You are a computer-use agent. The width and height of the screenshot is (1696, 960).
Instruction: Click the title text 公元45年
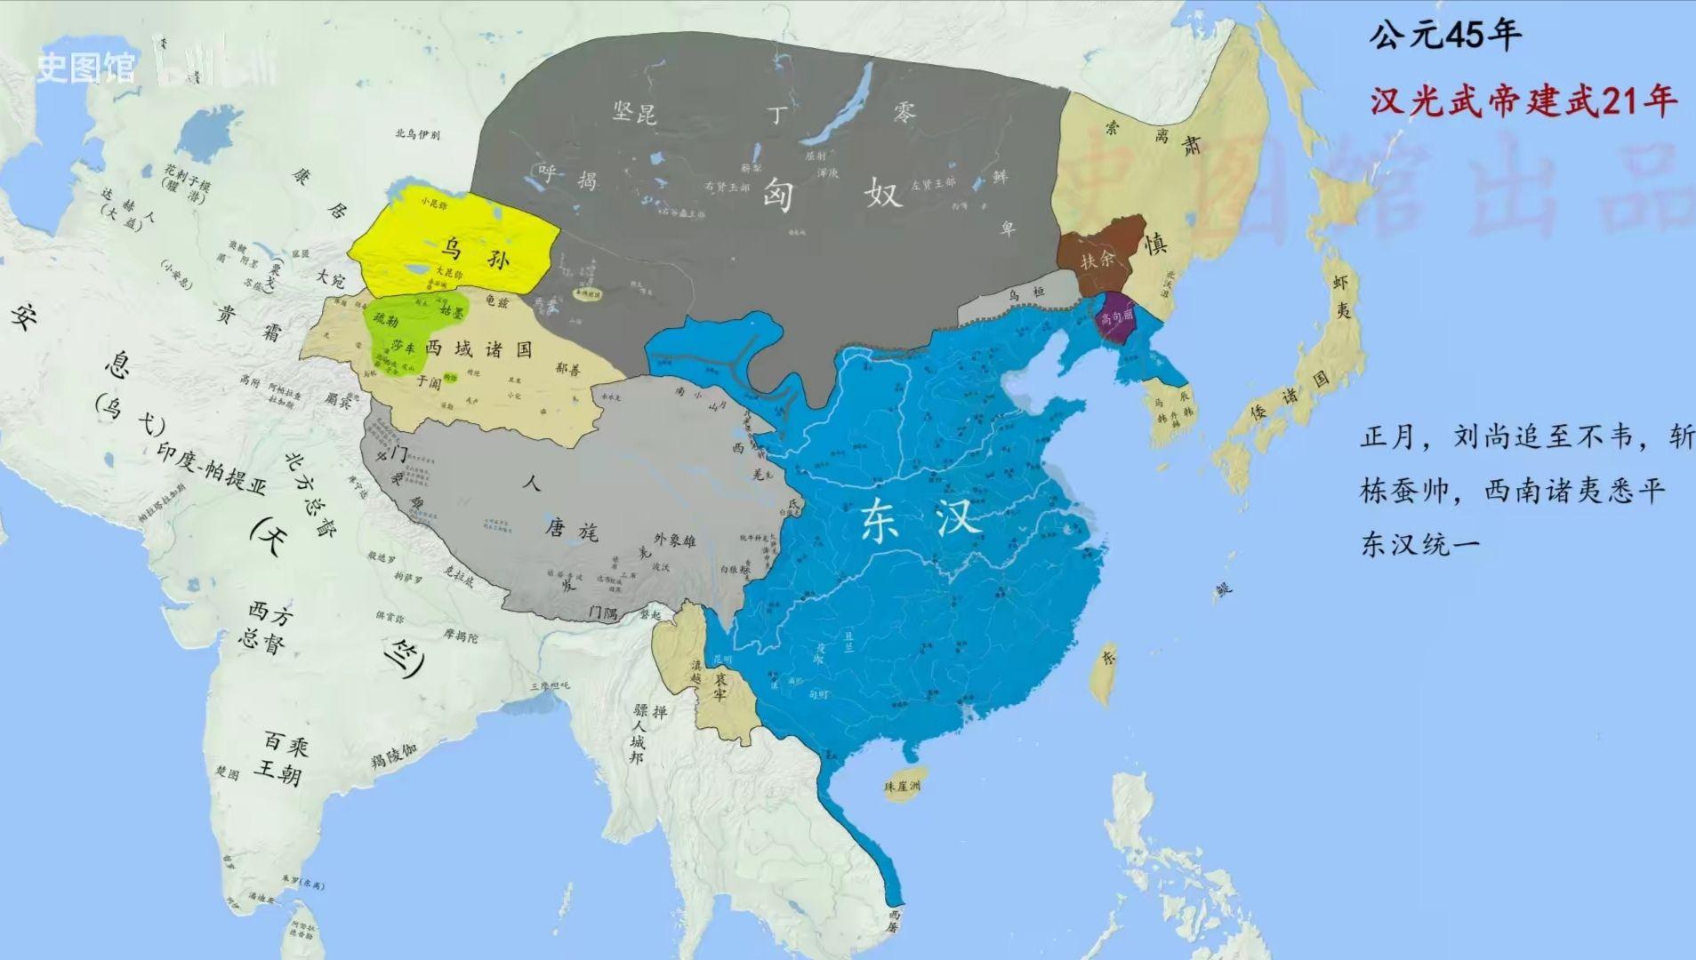[1444, 36]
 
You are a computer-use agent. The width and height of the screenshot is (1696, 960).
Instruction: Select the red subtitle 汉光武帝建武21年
[1523, 100]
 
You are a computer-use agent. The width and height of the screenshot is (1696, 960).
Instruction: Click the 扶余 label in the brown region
[1097, 260]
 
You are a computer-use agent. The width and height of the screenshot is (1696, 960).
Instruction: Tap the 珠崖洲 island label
[902, 786]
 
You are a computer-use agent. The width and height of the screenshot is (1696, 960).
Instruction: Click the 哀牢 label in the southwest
[719, 687]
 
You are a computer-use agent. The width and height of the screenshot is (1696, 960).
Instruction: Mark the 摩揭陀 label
[461, 636]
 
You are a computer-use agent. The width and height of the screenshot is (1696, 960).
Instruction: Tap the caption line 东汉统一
[1420, 544]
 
